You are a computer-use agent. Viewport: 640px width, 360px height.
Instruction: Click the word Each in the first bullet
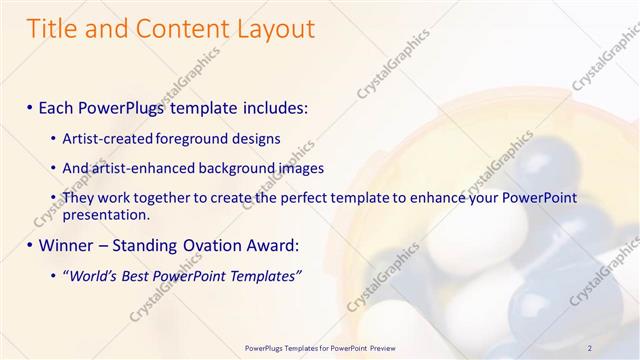pyautogui.click(x=59, y=105)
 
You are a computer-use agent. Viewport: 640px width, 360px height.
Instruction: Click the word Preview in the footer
pyautogui.click(x=379, y=347)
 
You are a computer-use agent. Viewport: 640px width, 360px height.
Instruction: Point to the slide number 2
pyautogui.click(x=590, y=347)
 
